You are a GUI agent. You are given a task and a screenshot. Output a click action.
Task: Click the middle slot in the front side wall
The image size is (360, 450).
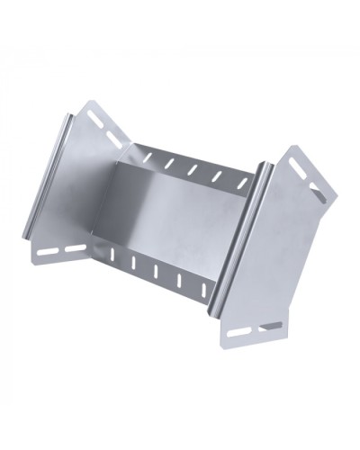156,270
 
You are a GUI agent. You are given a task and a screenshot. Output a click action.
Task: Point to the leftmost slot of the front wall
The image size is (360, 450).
112,256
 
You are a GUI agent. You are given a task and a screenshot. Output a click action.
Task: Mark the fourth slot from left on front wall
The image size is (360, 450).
179,279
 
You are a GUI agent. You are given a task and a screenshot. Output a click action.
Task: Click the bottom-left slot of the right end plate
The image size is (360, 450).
239,332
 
